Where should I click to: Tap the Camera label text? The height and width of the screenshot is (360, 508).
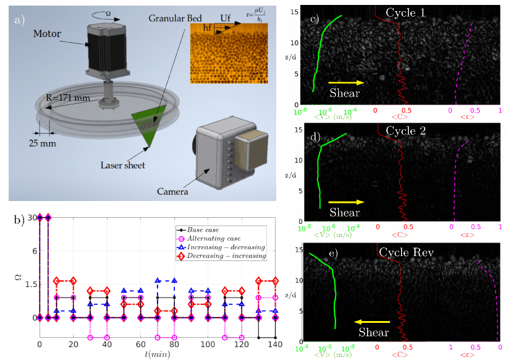[x=172, y=192]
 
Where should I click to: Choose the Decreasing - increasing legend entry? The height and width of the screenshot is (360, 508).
[x=226, y=255]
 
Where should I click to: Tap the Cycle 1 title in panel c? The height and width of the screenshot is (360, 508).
[x=405, y=12]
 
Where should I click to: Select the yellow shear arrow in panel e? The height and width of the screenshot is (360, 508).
[x=373, y=322]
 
